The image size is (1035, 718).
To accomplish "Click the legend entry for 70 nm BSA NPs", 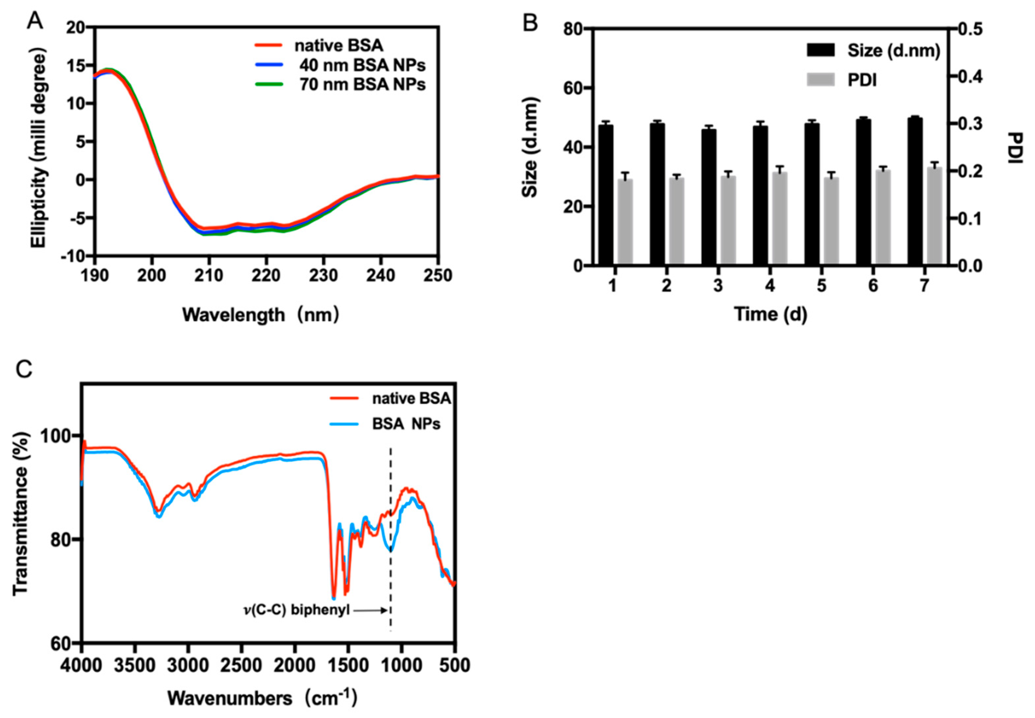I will (x=362, y=84).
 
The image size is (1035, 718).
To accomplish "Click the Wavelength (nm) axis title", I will (x=260, y=314).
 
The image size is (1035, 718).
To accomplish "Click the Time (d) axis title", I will (x=770, y=314).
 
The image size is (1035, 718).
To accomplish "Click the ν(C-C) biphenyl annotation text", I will (x=297, y=610).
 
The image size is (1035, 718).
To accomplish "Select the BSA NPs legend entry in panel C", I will (x=406, y=424).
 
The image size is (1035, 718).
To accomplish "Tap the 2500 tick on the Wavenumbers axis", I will (x=241, y=665).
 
